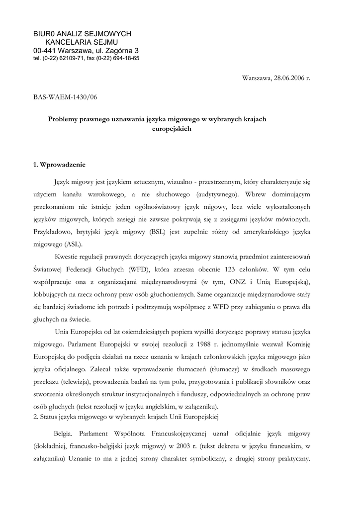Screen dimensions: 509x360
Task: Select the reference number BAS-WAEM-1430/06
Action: point(65,97)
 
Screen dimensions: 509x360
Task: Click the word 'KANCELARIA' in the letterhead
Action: point(68,42)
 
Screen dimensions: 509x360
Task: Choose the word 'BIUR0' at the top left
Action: point(43,33)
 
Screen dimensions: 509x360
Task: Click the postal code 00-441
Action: point(44,50)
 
